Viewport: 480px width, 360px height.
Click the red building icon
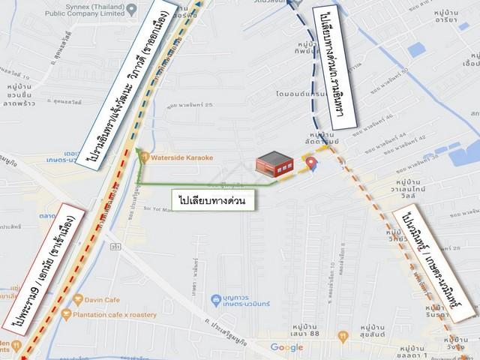point(274,164)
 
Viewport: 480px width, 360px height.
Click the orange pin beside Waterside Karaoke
point(144,157)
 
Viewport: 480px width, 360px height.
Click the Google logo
point(286,347)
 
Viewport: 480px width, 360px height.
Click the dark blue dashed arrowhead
point(290,6)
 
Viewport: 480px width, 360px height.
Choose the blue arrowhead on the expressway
point(199,4)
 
